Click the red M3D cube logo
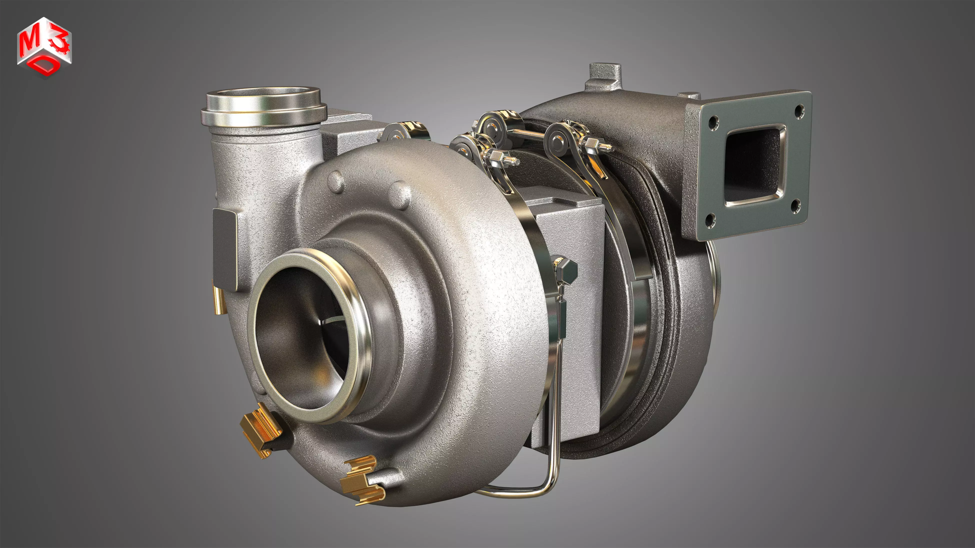point(44,47)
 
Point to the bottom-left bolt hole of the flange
point(710,220)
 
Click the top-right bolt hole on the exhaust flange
point(798,111)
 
